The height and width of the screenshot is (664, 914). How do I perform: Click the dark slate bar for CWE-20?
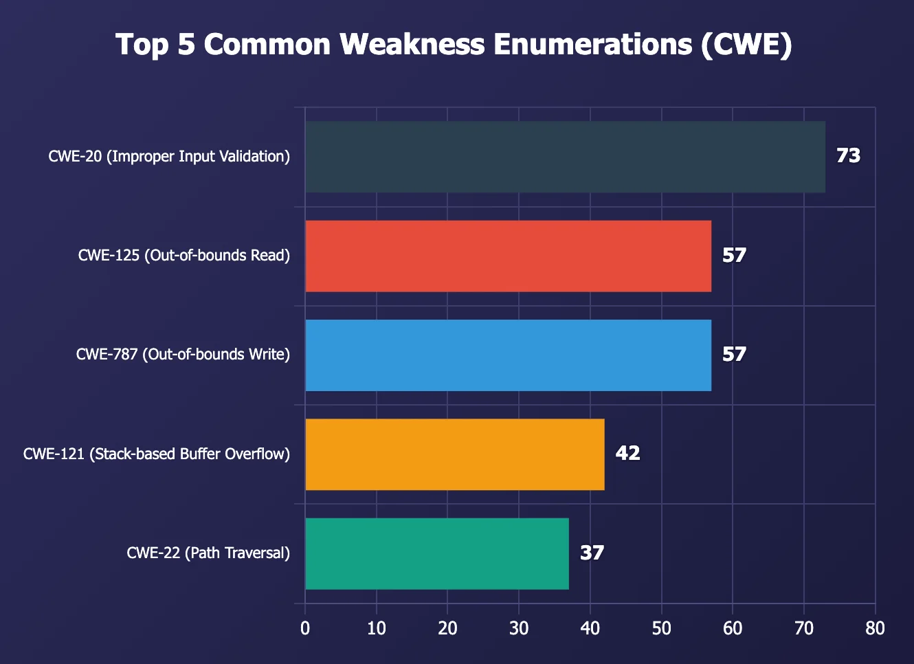[565, 157]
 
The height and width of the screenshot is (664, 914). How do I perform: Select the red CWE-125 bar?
[508, 256]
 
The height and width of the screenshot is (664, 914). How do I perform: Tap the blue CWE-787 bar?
[508, 355]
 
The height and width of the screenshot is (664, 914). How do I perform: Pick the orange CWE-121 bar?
[454, 454]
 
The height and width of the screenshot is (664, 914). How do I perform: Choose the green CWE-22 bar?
[436, 553]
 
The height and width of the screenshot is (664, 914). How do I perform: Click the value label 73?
[848, 156]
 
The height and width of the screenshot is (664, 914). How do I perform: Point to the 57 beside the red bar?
[734, 256]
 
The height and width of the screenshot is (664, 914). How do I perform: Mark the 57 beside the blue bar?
[734, 355]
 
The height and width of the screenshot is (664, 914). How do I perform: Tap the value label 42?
[627, 454]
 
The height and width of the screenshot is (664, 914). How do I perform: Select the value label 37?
[592, 553]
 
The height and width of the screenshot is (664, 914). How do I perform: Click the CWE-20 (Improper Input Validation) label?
[169, 157]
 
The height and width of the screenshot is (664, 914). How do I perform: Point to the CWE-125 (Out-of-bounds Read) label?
[184, 256]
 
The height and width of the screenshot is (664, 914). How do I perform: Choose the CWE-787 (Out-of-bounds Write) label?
[183, 355]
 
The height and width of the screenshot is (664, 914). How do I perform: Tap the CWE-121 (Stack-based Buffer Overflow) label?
[157, 454]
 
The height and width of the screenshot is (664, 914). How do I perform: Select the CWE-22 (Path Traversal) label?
[208, 553]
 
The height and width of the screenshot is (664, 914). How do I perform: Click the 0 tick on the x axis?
[305, 628]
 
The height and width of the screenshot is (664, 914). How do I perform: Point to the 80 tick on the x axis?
[875, 628]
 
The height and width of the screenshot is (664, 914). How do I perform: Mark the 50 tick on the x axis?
[661, 628]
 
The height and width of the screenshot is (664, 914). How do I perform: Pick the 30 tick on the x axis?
[519, 628]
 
